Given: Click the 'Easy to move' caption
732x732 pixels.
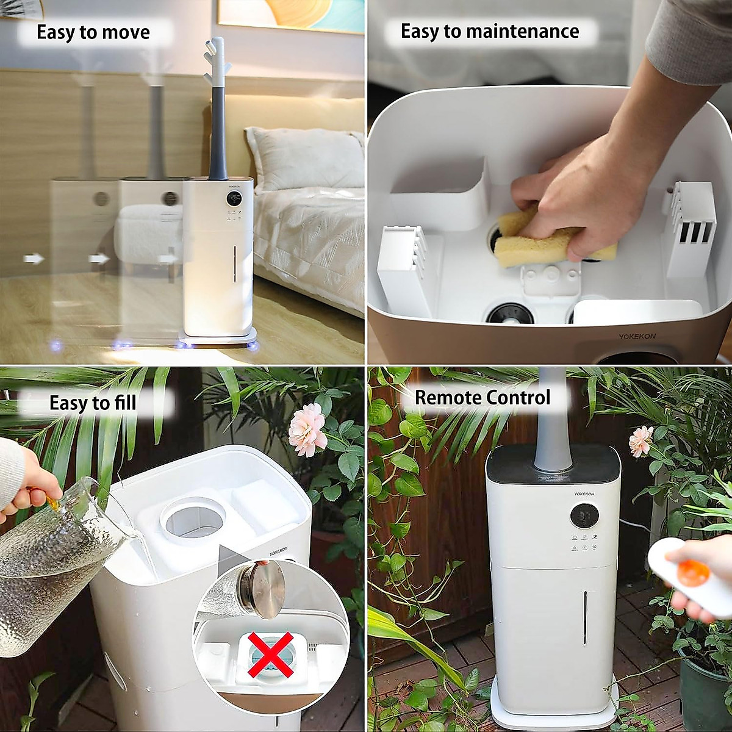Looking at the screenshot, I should (93, 32).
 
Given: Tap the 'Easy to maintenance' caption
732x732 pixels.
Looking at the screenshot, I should (489, 31).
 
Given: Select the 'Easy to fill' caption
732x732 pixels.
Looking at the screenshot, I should (93, 403).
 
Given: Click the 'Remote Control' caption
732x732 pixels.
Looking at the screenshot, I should (482, 398).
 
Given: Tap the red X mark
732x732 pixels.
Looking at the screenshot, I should (271, 655).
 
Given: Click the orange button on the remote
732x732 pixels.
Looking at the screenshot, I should (693, 572).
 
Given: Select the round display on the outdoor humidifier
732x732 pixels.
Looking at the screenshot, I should (584, 515).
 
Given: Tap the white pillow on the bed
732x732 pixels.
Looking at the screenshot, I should (305, 159).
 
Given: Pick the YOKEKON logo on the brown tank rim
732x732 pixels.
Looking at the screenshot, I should (637, 336).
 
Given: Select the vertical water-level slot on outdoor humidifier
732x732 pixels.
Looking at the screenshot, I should (584, 617).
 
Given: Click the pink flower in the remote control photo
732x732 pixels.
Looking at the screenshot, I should (640, 440).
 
